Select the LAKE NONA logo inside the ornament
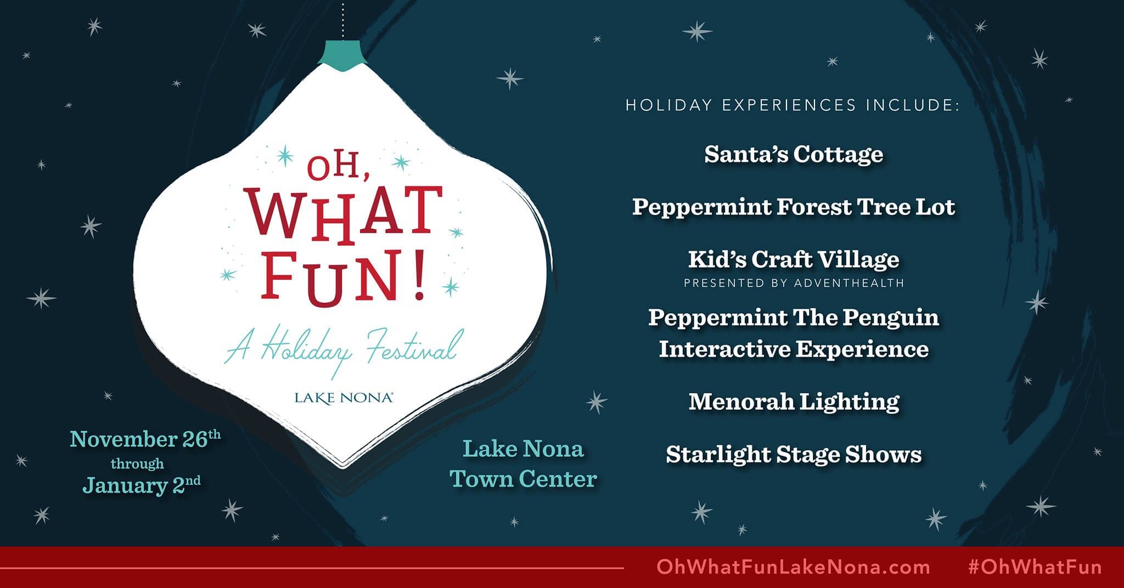point(344,398)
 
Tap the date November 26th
point(145,439)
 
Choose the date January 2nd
point(142,485)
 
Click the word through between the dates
point(137,464)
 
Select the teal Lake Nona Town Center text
point(524,463)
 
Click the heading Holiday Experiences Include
point(793,105)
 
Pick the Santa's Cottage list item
point(794,154)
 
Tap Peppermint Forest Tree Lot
point(794,207)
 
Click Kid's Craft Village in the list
point(794,259)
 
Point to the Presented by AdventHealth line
point(794,283)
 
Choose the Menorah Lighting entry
point(794,402)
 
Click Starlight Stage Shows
point(794,455)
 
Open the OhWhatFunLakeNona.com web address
point(793,567)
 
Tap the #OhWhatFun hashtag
point(1035,567)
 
